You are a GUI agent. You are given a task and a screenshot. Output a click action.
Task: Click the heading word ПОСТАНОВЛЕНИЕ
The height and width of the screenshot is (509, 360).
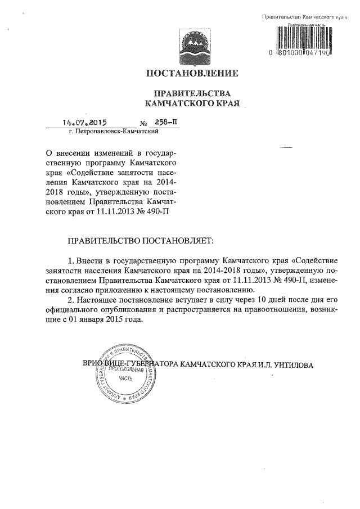(x=192, y=74)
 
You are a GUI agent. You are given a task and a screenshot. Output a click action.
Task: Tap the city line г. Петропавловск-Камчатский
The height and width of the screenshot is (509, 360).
(x=112, y=132)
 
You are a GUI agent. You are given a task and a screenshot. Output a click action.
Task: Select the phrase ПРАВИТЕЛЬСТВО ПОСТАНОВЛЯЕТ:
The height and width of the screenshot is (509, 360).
(x=141, y=241)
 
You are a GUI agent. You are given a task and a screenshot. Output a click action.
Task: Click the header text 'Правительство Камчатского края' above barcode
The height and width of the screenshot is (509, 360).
(x=304, y=19)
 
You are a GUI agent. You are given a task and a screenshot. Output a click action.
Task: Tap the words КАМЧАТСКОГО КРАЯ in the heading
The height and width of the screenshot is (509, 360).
(x=193, y=104)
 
